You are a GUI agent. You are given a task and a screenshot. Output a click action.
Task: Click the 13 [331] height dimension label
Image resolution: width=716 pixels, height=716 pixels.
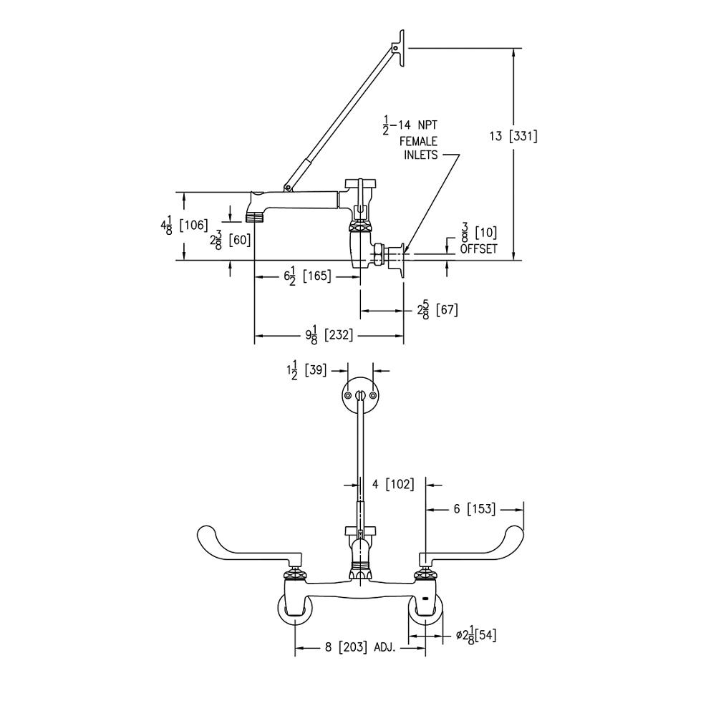513,136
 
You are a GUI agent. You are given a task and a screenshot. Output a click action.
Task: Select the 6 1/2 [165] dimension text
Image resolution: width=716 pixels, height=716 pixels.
304,276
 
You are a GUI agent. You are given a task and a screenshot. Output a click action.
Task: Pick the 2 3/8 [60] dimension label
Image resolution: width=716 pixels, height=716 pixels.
230,239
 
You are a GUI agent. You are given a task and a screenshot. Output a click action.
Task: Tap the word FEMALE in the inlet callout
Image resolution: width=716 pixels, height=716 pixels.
418,142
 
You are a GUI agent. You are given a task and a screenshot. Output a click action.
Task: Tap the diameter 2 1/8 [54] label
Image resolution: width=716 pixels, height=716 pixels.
476,634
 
